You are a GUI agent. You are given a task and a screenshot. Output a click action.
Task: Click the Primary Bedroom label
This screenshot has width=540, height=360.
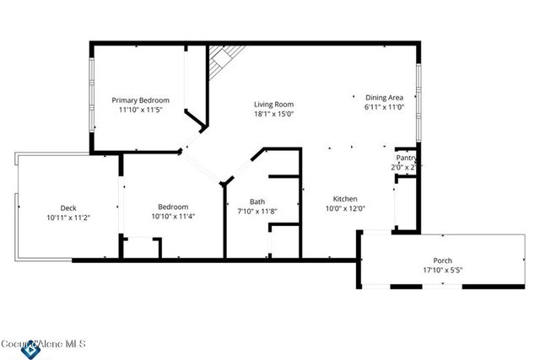point(141,99)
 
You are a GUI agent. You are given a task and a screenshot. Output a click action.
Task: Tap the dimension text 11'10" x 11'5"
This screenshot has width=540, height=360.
point(141,110)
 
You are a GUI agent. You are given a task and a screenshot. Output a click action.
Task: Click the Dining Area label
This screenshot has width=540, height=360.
point(385,97)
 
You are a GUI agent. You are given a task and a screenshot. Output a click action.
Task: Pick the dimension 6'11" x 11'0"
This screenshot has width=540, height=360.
point(385,107)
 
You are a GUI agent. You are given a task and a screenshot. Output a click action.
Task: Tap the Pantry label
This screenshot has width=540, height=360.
point(405,158)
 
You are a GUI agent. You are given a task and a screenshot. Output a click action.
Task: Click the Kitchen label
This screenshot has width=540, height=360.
point(345,199)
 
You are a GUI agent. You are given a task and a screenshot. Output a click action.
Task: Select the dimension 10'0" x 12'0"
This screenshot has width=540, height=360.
point(345,209)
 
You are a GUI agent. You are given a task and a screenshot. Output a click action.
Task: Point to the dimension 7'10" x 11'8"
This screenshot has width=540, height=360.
point(257,212)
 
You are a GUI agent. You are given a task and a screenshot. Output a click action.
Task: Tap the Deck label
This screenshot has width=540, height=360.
point(68,207)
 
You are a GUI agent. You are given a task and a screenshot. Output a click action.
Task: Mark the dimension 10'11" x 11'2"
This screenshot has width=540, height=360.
point(68,218)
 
